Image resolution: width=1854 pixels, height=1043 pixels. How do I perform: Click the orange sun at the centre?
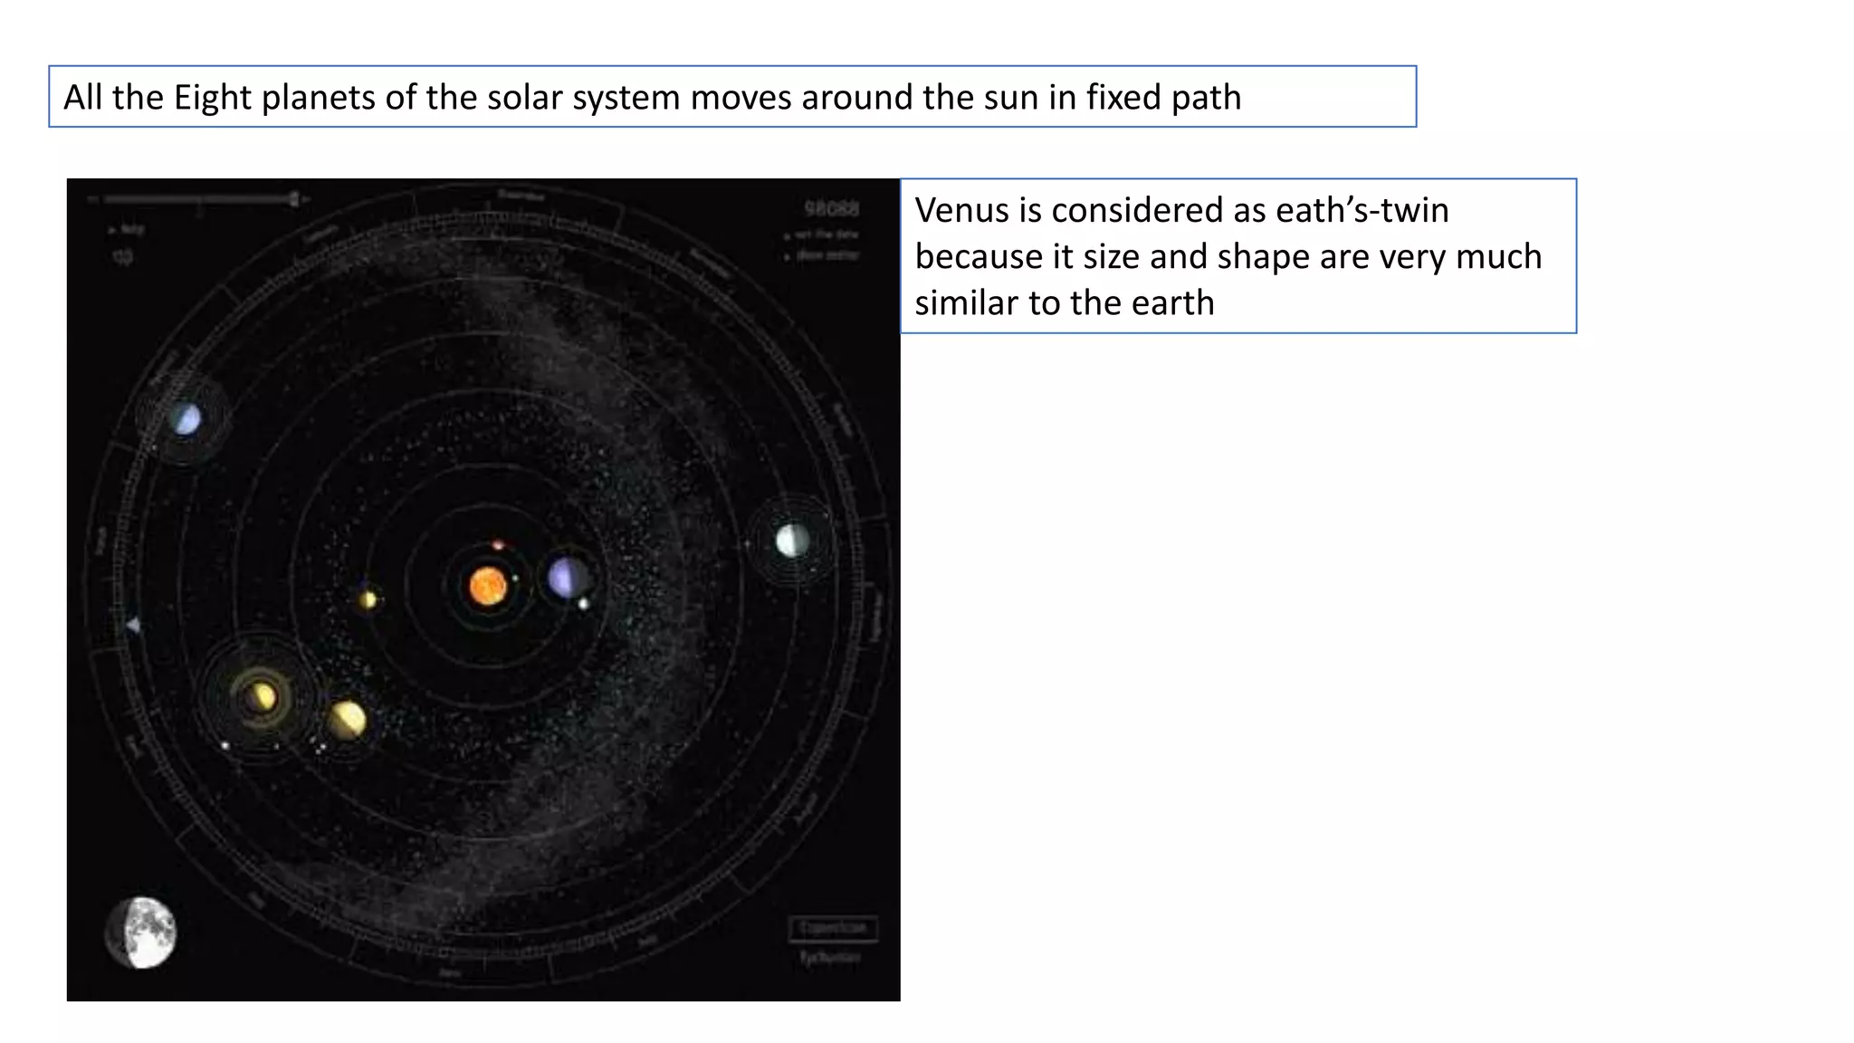pyautogui.click(x=488, y=586)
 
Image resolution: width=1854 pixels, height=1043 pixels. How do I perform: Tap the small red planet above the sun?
pyautogui.click(x=498, y=545)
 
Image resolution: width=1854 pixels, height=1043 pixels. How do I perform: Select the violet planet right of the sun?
pyautogui.click(x=567, y=578)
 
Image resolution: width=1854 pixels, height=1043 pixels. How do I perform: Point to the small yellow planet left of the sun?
pyautogui.click(x=368, y=599)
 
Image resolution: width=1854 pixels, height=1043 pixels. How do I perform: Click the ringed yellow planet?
pyautogui.click(x=261, y=697)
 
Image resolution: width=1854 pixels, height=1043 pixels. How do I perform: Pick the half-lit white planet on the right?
pyautogui.click(x=792, y=541)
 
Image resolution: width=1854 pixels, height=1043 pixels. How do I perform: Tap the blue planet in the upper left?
pyautogui.click(x=186, y=419)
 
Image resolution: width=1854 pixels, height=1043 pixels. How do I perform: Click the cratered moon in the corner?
pyautogui.click(x=141, y=933)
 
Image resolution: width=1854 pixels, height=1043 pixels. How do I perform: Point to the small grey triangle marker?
pyautogui.click(x=133, y=625)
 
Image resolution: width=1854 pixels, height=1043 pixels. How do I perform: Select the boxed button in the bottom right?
pyautogui.click(x=833, y=928)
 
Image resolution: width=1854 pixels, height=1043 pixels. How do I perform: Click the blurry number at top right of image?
pyautogui.click(x=831, y=209)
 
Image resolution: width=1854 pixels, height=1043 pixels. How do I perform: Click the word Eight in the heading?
pyautogui.click(x=212, y=98)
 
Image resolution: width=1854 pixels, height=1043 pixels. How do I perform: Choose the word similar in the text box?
pyautogui.click(x=966, y=303)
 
